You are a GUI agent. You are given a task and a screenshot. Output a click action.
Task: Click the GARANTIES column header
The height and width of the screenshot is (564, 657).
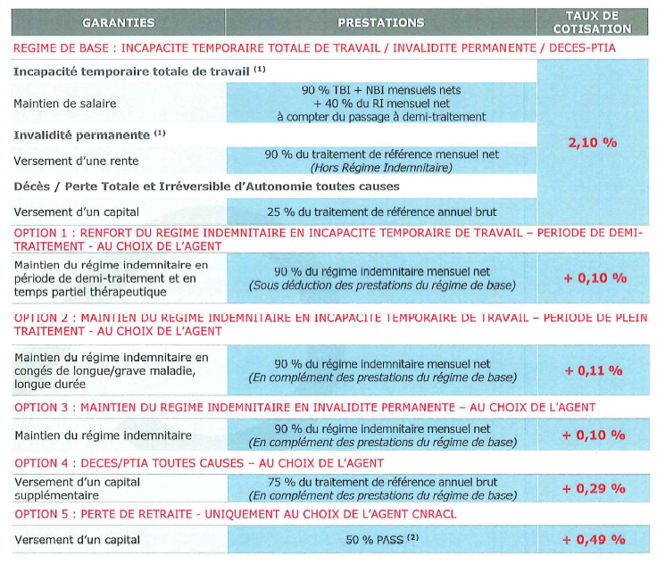(x=118, y=22)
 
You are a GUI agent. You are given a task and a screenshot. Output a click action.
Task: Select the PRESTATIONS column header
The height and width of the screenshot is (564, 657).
(x=381, y=22)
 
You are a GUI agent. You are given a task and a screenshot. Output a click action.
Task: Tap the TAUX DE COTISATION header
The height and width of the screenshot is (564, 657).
(x=593, y=22)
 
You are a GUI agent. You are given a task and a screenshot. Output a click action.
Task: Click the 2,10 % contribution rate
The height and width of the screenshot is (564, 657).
(x=593, y=142)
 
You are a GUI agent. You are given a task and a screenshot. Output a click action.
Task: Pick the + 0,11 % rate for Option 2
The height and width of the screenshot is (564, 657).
(x=593, y=369)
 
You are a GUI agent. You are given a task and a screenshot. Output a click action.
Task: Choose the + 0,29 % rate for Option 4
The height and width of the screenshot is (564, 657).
(x=593, y=488)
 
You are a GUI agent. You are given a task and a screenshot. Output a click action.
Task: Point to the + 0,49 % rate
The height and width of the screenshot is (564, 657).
(x=593, y=539)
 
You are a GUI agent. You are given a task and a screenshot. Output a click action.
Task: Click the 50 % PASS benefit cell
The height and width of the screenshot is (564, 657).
(x=381, y=539)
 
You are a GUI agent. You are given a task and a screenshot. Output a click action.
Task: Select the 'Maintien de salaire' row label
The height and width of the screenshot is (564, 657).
(x=64, y=103)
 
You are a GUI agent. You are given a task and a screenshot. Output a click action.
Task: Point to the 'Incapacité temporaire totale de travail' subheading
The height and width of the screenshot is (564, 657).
(x=133, y=70)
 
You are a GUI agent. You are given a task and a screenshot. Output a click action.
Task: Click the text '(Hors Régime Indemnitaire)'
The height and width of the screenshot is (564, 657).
(x=381, y=167)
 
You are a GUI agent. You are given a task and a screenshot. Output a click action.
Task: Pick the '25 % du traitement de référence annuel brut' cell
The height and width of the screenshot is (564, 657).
(x=381, y=211)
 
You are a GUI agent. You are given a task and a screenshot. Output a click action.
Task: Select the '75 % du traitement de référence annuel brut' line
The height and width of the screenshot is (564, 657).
(x=381, y=482)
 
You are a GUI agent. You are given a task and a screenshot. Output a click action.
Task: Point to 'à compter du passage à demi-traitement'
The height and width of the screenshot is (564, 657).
(x=381, y=116)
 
